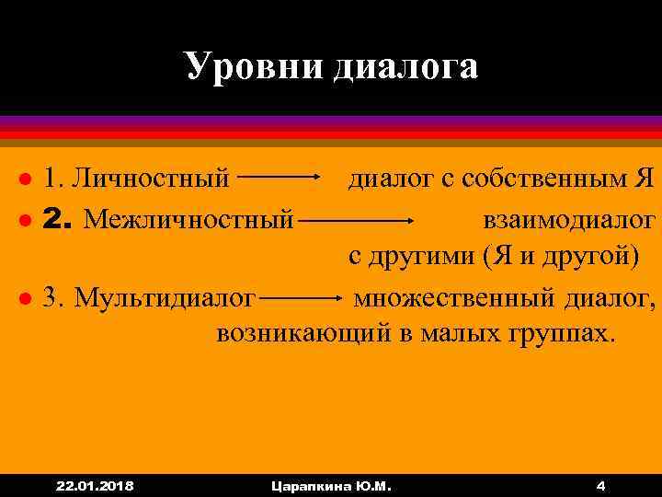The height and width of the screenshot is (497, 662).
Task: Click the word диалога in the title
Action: click(400, 67)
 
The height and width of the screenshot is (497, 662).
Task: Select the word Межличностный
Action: click(188, 219)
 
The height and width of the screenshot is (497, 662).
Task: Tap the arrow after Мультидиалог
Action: click(303, 297)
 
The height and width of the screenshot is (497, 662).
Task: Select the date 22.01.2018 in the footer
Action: click(95, 484)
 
